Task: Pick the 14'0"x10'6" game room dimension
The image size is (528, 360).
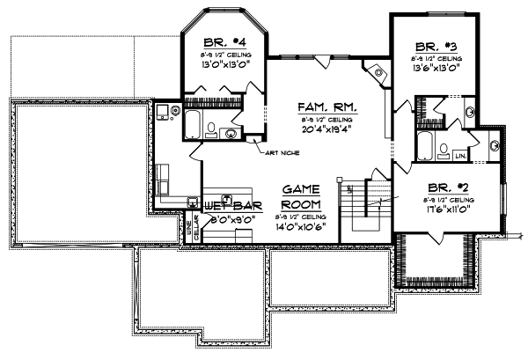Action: pyautogui.click(x=300, y=227)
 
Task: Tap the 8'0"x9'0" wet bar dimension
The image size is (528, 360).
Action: pyautogui.click(x=232, y=220)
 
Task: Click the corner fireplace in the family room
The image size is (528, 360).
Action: pyautogui.click(x=377, y=74)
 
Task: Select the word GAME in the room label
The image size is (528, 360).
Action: pyautogui.click(x=300, y=190)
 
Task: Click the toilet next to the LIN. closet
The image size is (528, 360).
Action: pyautogui.click(x=444, y=148)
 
